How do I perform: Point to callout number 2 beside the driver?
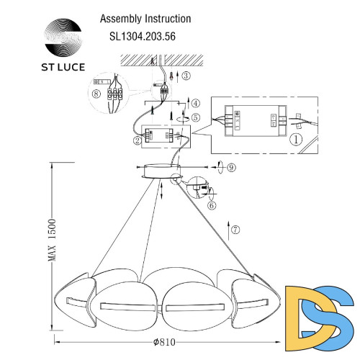click(136, 141)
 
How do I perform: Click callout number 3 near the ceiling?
click(186, 75)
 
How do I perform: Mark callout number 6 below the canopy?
click(211, 205)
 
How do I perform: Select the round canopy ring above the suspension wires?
click(162, 173)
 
